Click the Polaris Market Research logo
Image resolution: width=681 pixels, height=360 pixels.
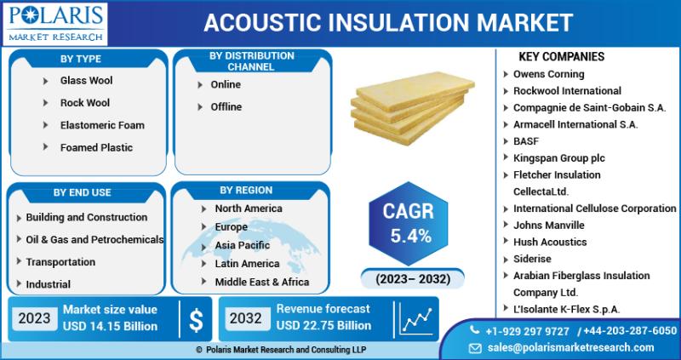coord(55,24)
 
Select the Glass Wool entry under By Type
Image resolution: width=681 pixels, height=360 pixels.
coord(87,80)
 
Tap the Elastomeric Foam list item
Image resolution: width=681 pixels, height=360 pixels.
coord(102,125)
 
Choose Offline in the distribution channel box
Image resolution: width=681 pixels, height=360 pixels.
coord(226,107)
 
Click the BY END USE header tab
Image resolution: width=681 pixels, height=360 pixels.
coord(82,192)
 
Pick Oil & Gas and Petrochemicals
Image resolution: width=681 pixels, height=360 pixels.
coord(94,239)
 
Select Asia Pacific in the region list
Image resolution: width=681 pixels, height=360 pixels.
coord(243,245)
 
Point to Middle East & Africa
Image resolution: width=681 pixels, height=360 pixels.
coord(262,283)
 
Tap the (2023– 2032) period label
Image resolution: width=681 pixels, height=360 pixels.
coord(413,278)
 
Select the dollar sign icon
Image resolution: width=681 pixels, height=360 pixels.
coord(196,321)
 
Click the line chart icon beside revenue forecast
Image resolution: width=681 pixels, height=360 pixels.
coord(416,319)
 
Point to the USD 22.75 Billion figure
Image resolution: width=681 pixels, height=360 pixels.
coord(324,325)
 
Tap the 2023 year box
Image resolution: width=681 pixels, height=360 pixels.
coord(34,318)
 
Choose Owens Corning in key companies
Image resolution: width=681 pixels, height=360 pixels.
coord(548,74)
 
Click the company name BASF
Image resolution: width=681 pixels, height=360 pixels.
coord(526,141)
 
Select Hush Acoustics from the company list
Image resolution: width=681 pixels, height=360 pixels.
coord(550,242)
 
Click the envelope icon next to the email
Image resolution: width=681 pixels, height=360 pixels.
coord(475,348)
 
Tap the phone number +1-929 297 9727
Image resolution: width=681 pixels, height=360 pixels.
coord(527,331)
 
